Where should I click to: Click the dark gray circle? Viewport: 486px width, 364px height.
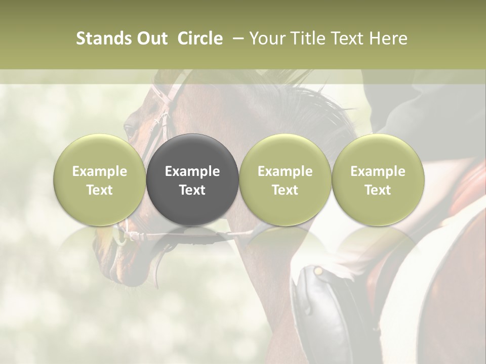click(x=192, y=179)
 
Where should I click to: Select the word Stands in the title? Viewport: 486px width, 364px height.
click(x=104, y=38)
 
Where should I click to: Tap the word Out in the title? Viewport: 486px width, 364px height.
click(x=151, y=38)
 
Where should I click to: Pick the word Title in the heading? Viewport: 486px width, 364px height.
click(x=308, y=38)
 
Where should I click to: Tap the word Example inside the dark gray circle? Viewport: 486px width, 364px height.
click(x=192, y=171)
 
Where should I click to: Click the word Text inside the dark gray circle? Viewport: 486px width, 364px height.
click(x=192, y=190)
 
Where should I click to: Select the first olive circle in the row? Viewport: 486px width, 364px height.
click(x=99, y=179)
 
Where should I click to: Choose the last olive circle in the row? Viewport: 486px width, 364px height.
click(x=378, y=179)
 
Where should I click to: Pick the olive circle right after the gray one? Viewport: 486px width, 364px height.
click(x=285, y=179)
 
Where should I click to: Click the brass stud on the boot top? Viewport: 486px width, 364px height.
click(x=318, y=271)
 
